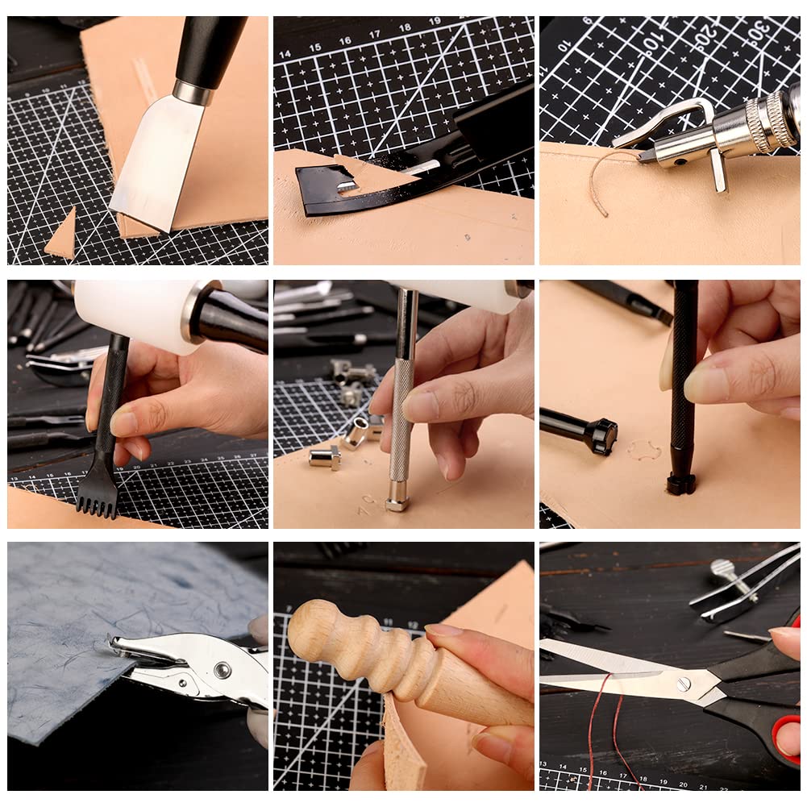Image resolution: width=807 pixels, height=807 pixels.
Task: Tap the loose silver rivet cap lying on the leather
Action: click(x=325, y=458)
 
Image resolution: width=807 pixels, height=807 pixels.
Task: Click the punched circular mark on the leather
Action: click(x=643, y=449)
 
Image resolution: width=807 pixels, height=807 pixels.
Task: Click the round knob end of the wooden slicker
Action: click(x=310, y=628)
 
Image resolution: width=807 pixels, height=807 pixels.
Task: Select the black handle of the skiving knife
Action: click(x=210, y=48)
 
